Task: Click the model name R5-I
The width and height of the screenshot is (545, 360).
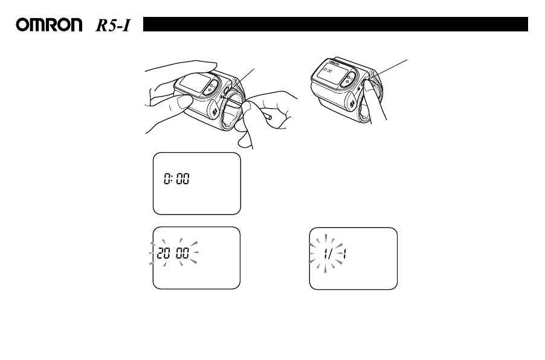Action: coord(114,25)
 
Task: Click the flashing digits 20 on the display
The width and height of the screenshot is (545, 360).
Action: coord(164,254)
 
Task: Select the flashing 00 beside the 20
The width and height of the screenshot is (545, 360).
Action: coord(182,254)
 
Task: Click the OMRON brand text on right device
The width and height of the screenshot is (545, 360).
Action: coord(323,62)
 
